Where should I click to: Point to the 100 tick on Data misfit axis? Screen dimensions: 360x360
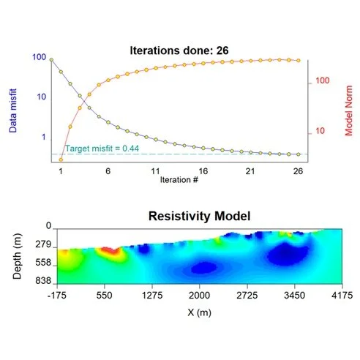coord(39,57)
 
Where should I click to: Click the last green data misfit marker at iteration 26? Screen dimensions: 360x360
coord(298,154)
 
